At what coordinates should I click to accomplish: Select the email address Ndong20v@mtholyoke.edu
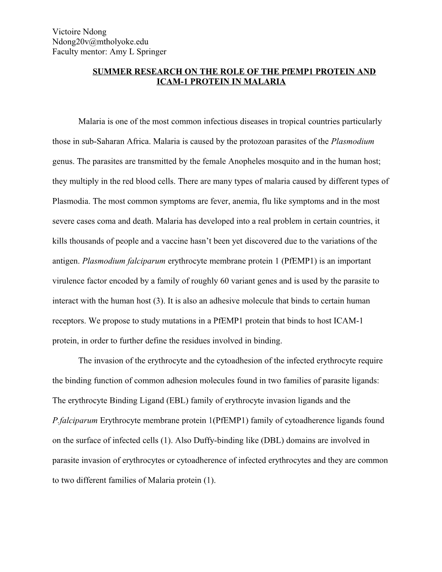[100, 42]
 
